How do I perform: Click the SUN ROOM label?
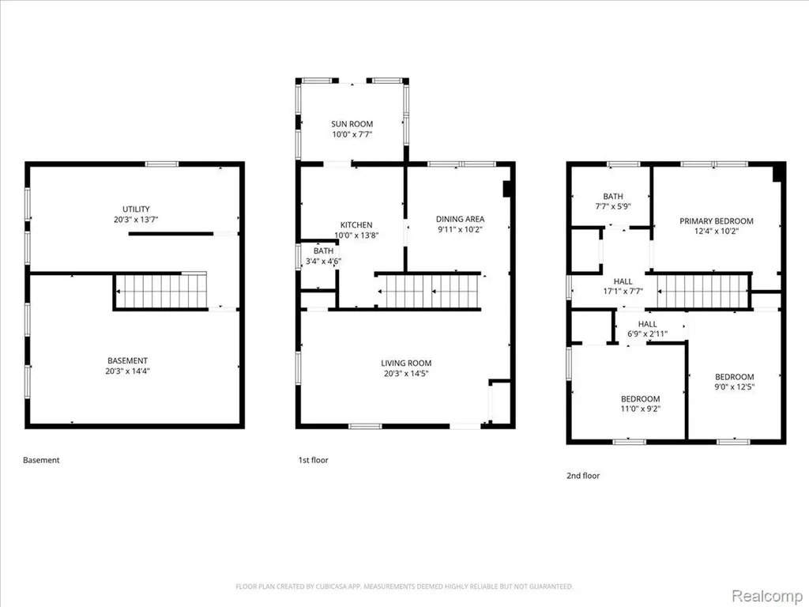coord(352,124)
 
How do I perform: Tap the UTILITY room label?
coord(136,209)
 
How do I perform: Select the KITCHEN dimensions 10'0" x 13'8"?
coord(356,236)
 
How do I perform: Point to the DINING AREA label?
coord(461,219)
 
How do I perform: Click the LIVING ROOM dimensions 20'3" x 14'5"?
coord(406,373)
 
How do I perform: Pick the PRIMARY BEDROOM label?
coord(716,221)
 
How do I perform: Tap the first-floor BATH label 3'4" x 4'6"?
coord(323,256)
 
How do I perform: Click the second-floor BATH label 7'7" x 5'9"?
coord(613,202)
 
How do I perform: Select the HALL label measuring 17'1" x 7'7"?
coord(623,286)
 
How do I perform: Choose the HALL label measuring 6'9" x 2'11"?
coord(648,329)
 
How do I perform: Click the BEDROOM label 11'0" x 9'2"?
coord(640,404)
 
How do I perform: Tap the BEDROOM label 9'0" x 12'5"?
coord(735,382)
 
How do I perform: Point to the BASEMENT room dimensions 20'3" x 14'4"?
coord(127,371)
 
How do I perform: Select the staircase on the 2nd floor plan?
coord(702,292)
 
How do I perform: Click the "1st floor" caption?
coord(313,460)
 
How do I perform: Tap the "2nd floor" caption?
coord(583,475)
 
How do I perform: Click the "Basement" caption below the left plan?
coord(41,460)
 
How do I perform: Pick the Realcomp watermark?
coord(766,596)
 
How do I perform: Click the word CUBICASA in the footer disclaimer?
coord(334,586)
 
